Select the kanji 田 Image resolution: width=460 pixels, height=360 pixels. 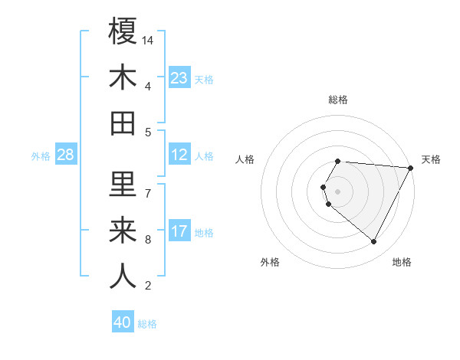click(x=123, y=123)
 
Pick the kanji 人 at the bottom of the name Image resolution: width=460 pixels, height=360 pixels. click(x=123, y=277)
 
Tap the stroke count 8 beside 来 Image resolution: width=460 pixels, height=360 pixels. click(x=147, y=240)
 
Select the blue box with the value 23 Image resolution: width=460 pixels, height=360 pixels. click(x=179, y=78)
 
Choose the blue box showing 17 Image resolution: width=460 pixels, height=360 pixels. click(x=179, y=231)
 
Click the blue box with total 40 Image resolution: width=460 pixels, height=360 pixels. click(x=123, y=322)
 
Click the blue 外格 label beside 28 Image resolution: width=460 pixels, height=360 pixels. click(x=41, y=156)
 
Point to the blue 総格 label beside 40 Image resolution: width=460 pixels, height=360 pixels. click(x=147, y=324)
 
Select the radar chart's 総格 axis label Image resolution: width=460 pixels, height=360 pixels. click(x=338, y=100)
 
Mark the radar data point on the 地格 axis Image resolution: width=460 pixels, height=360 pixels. click(x=374, y=242)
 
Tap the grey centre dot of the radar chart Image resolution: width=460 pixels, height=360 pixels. click(x=338, y=191)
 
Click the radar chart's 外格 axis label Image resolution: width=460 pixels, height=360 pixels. click(x=270, y=262)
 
